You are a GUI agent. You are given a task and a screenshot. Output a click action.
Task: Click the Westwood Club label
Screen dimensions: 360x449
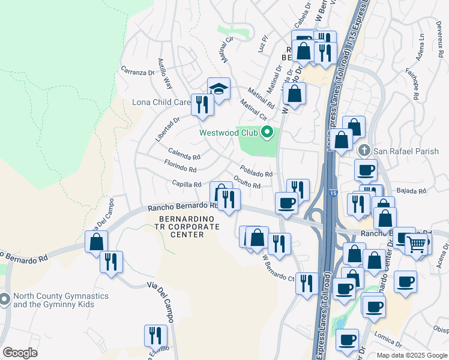229,133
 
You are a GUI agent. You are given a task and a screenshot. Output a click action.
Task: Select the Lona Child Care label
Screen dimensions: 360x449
161,102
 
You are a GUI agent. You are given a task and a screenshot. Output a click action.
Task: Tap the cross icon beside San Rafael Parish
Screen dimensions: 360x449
363,150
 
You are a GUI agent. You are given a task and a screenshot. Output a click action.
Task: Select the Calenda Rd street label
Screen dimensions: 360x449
184,154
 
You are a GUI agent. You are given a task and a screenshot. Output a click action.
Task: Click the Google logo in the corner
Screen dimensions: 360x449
19,353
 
